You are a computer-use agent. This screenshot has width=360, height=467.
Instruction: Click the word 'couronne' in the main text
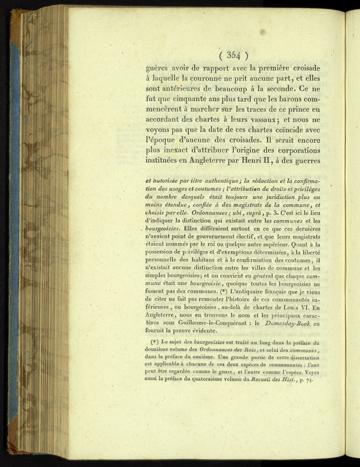(214, 80)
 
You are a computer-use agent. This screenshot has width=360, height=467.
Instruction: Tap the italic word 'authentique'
(221, 182)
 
